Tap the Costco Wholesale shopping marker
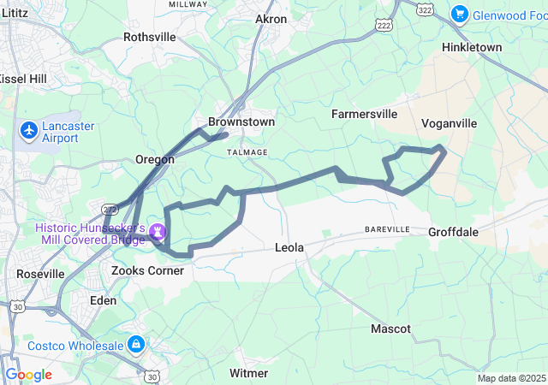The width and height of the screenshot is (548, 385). point(134,344)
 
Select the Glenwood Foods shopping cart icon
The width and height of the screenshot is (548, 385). point(460,14)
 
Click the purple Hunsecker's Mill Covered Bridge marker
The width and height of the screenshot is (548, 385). point(158,231)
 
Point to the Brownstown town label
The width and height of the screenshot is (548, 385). point(241,122)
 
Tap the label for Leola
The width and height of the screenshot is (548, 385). point(289,248)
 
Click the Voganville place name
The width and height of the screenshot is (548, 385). point(449,123)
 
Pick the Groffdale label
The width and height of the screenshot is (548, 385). point(453,231)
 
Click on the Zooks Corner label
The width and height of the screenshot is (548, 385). point(147,270)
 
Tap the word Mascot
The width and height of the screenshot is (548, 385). point(390,329)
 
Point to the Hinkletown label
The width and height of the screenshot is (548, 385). point(472,47)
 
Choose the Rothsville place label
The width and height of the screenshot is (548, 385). point(149,37)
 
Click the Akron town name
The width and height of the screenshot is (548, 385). point(271,19)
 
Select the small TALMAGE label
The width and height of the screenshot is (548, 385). point(247,151)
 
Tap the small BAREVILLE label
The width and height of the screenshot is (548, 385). point(387,230)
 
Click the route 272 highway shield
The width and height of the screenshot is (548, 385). point(109,208)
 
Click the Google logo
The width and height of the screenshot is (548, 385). point(28,375)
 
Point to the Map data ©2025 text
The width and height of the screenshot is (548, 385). point(511,378)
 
